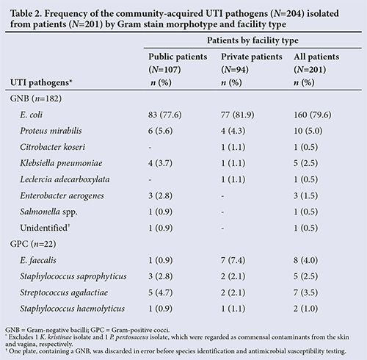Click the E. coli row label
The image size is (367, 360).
(x=31, y=115)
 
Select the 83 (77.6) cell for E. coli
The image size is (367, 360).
(x=165, y=115)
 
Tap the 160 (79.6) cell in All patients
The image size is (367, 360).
(x=313, y=115)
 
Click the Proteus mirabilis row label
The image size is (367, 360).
(x=51, y=131)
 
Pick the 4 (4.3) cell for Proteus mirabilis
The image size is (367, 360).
(x=233, y=131)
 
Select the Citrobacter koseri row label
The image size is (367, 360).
(x=53, y=147)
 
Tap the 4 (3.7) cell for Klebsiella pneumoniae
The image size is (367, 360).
(x=160, y=163)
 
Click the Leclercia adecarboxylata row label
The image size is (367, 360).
(x=65, y=179)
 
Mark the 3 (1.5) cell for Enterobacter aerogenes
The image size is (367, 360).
(x=306, y=195)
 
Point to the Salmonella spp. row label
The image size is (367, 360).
(x=48, y=212)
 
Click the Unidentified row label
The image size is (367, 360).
(x=45, y=228)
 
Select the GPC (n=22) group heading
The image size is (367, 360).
(x=33, y=244)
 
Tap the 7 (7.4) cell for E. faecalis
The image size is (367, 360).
(x=233, y=260)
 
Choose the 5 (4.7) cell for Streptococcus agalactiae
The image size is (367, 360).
(x=160, y=292)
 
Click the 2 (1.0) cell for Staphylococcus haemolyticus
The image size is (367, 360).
(x=306, y=309)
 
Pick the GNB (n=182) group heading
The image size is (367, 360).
(x=36, y=98)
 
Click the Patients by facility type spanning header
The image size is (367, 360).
(x=252, y=40)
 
